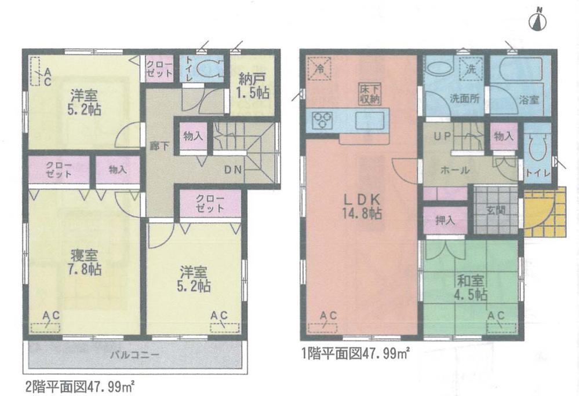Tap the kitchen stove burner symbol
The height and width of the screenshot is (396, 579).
point(321,120)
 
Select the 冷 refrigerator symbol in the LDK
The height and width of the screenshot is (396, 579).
point(319,67)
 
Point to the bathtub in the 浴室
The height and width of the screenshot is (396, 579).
point(519,72)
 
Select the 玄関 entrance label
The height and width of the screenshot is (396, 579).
point(496,210)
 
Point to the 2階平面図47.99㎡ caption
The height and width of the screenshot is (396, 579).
point(79,385)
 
